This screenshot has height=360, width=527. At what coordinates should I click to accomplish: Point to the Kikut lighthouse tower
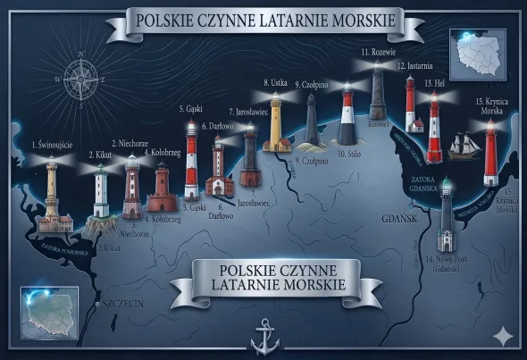coord(101,191)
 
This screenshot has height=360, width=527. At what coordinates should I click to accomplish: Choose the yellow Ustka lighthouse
coord(276,123)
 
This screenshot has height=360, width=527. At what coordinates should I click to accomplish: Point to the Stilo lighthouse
coord(347,124)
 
